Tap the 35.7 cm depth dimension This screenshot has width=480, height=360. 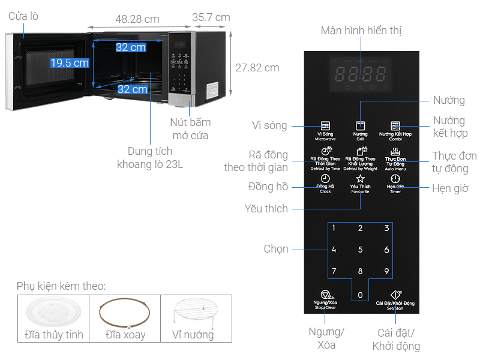tap(211, 17)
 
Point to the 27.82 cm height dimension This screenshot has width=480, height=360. tap(257, 68)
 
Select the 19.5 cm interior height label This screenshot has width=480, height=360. tap(70, 63)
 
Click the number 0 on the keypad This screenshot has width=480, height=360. tap(360, 295)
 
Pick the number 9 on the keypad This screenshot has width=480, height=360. tap(386, 271)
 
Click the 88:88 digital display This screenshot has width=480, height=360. tap(360, 74)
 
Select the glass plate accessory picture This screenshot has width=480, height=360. tap(53, 313)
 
